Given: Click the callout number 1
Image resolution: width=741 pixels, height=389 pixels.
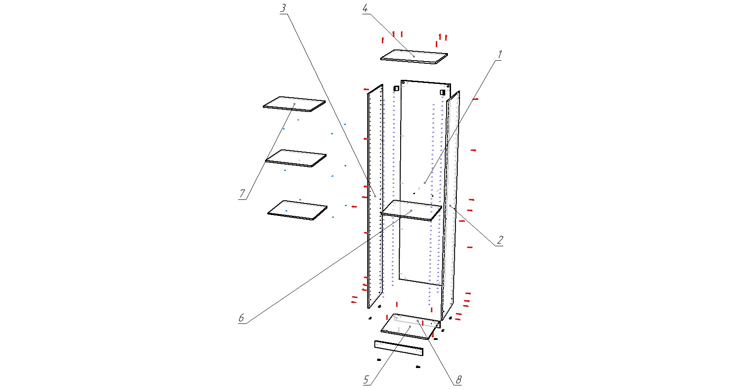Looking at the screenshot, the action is pyautogui.click(x=500, y=54).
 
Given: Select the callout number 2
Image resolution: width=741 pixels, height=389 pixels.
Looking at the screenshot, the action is pyautogui.click(x=500, y=240).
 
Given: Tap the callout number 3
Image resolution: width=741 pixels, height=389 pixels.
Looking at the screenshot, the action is pyautogui.click(x=283, y=8).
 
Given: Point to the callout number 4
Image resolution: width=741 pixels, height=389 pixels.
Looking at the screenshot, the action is pyautogui.click(x=365, y=8).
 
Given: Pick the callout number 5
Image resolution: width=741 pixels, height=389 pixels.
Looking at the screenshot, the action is pyautogui.click(x=366, y=379).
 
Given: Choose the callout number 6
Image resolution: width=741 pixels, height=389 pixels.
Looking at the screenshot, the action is pyautogui.click(x=241, y=318).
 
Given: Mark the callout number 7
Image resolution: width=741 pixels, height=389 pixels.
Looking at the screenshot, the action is pyautogui.click(x=242, y=194).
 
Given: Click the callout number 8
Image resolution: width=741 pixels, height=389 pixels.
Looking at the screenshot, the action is pyautogui.click(x=459, y=380).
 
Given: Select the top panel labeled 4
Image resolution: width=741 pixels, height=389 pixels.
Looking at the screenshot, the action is pyautogui.click(x=414, y=57).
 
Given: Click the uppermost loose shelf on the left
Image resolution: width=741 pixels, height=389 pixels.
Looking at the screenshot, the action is pyautogui.click(x=294, y=104).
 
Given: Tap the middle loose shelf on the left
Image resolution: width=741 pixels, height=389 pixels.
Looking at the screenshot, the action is pyautogui.click(x=296, y=158).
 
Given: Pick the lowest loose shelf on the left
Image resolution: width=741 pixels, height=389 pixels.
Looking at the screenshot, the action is pyautogui.click(x=297, y=210).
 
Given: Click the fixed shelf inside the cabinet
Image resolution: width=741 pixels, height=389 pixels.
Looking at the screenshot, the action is pyautogui.click(x=411, y=211).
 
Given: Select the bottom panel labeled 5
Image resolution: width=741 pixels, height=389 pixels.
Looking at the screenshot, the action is pyautogui.click(x=410, y=327).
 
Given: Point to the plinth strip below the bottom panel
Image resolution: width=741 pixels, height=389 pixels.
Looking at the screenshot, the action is pyautogui.click(x=399, y=348).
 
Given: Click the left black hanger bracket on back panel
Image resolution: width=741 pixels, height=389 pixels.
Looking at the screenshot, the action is pyautogui.click(x=396, y=88).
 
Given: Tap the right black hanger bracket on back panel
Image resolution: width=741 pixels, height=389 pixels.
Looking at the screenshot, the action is pyautogui.click(x=442, y=92).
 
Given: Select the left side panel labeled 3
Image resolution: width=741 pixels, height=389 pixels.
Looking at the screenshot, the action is pyautogui.click(x=375, y=196).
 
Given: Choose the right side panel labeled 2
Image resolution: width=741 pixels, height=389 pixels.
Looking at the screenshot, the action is pyautogui.click(x=450, y=206).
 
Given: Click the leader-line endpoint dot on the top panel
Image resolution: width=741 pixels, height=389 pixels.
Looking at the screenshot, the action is pyautogui.click(x=414, y=57).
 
